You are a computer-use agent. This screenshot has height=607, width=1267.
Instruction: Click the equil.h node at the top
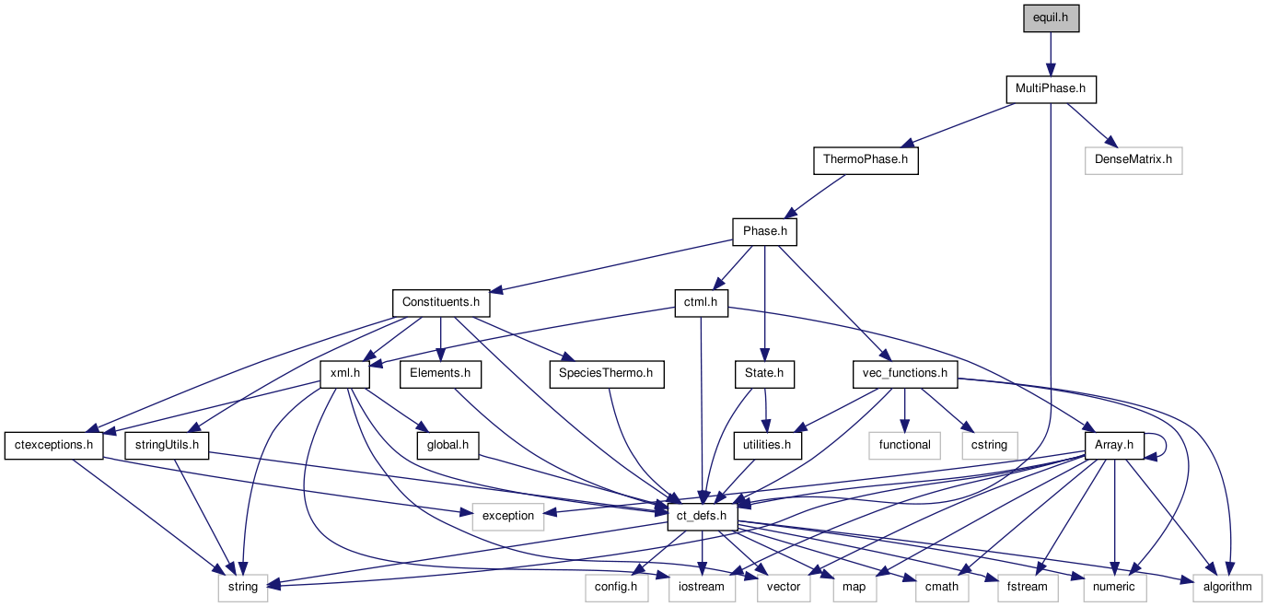1051,18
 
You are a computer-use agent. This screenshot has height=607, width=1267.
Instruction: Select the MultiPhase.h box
1051,90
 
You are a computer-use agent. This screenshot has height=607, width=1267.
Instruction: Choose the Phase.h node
764,231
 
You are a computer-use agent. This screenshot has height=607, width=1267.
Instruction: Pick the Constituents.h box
441,302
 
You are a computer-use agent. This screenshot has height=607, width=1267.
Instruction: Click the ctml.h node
701,302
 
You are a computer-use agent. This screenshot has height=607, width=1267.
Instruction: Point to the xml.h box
344,373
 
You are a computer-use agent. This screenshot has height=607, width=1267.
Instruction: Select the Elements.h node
441,373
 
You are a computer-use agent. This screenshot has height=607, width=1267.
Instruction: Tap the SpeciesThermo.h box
606,373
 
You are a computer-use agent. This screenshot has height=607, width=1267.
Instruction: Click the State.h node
764,373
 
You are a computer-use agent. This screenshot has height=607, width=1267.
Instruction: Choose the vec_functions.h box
904,373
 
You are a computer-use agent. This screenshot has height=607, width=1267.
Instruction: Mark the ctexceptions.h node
55,445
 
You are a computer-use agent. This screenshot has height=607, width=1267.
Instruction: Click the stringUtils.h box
167,445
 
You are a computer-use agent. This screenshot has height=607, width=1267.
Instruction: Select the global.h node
448,445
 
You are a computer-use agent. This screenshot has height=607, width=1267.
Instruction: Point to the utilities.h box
766,445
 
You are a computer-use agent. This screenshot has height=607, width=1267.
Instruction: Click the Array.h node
1114,445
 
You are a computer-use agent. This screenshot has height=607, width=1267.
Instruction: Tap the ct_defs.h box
703,516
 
